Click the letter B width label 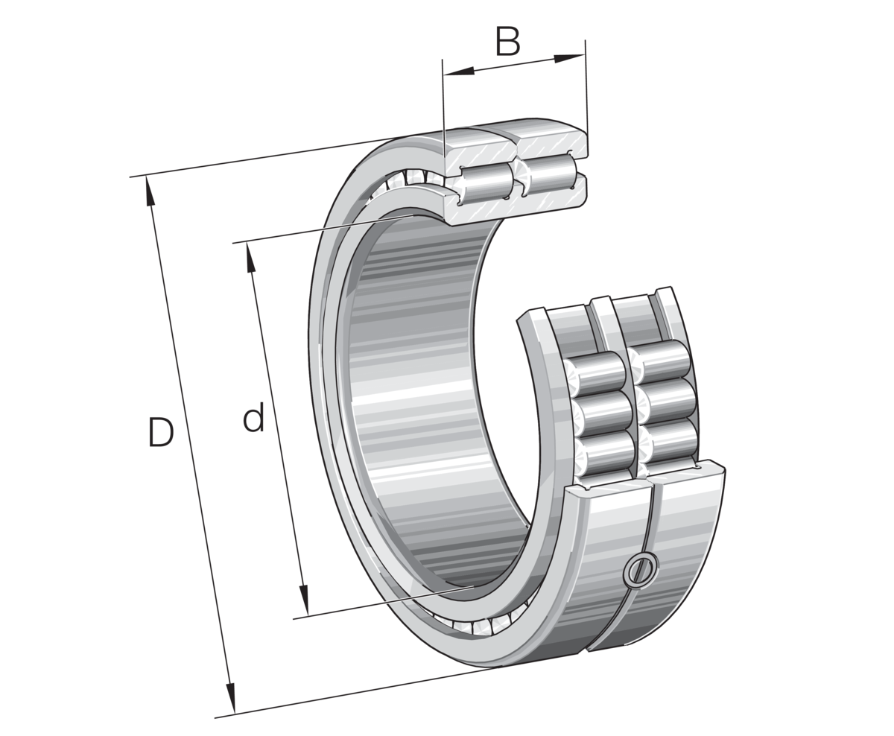(507, 42)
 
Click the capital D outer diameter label (160, 434)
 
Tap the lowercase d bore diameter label (253, 419)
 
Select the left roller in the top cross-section (484, 183)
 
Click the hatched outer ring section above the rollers (514, 145)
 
